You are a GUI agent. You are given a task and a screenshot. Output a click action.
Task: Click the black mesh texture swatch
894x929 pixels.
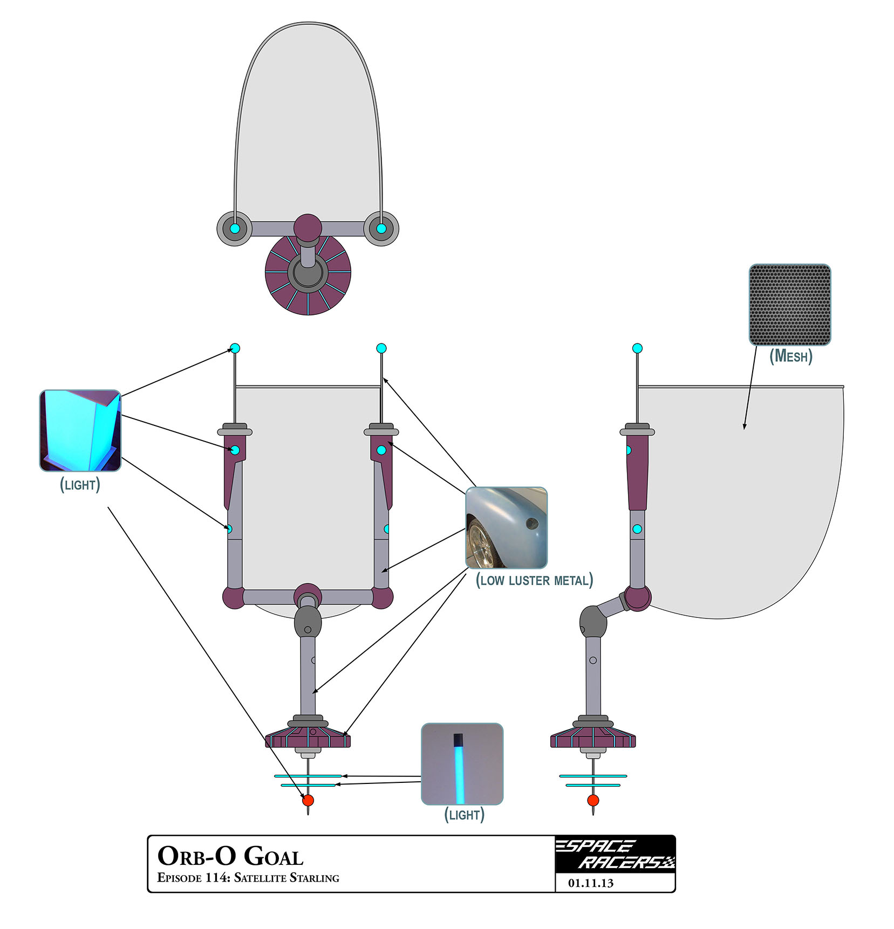click(789, 304)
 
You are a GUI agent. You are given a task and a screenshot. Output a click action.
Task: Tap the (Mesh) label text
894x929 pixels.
click(790, 356)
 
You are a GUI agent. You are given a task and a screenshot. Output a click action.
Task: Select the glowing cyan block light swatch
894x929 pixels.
click(80, 430)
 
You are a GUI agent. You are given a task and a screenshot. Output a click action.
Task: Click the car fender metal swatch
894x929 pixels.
click(506, 527)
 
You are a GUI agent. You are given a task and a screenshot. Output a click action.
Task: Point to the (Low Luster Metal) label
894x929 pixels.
click(534, 580)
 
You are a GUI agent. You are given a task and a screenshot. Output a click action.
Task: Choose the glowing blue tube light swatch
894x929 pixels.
click(462, 763)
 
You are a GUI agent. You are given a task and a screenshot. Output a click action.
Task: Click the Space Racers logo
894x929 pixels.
click(615, 854)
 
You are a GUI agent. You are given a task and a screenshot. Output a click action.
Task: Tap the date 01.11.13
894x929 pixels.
click(590, 883)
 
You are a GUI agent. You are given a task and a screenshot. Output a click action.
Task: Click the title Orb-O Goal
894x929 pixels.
click(230, 856)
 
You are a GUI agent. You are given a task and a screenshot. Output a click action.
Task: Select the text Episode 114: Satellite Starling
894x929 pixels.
click(248, 878)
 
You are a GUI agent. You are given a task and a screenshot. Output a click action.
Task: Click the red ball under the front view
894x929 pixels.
click(308, 800)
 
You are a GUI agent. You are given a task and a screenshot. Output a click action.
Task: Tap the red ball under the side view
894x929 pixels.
click(593, 800)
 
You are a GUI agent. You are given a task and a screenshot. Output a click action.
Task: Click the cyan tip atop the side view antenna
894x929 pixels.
click(637, 348)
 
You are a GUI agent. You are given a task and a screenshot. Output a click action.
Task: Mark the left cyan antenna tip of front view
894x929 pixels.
click(235, 348)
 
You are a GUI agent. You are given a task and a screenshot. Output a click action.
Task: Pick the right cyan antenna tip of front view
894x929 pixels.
click(381, 348)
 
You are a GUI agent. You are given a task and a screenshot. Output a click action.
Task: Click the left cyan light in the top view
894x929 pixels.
click(235, 229)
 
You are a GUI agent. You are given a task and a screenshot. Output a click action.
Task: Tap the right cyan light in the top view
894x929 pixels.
click(381, 229)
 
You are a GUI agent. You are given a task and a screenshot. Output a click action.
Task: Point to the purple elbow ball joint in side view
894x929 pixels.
click(638, 597)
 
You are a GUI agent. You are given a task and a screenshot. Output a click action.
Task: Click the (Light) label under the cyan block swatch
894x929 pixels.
click(80, 485)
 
